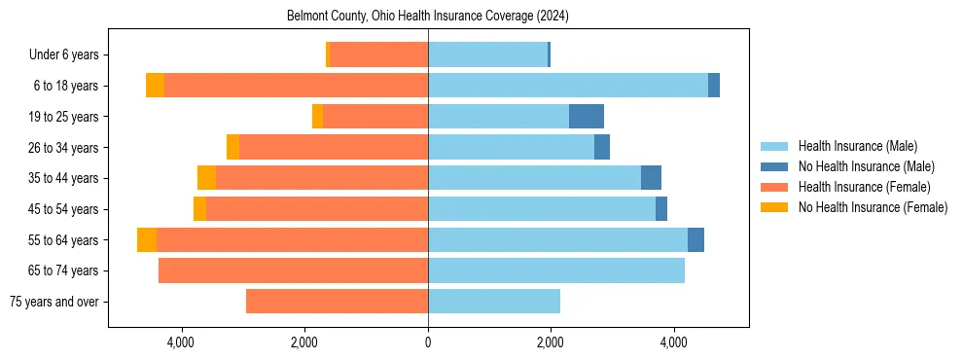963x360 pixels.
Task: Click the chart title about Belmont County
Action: (428, 17)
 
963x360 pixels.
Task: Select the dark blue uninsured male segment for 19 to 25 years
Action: (586, 117)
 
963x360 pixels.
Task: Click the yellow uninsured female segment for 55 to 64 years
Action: (147, 239)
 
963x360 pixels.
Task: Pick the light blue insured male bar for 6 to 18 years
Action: (568, 86)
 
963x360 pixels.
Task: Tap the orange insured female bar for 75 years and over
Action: (337, 302)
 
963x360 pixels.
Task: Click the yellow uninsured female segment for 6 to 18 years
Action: (155, 86)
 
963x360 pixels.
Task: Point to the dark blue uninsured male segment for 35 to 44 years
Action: (651, 178)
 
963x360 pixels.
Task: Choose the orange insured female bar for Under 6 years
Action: (379, 55)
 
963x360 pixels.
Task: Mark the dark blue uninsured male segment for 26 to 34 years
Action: (602, 147)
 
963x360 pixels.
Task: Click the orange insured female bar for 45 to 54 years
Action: (317, 209)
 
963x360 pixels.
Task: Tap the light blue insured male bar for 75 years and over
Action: (494, 302)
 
